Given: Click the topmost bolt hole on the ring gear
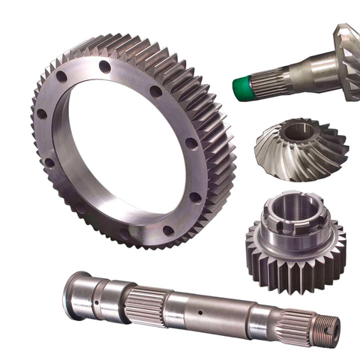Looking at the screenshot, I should [x=104, y=67].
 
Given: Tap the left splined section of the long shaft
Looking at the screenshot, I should [x=142, y=300].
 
